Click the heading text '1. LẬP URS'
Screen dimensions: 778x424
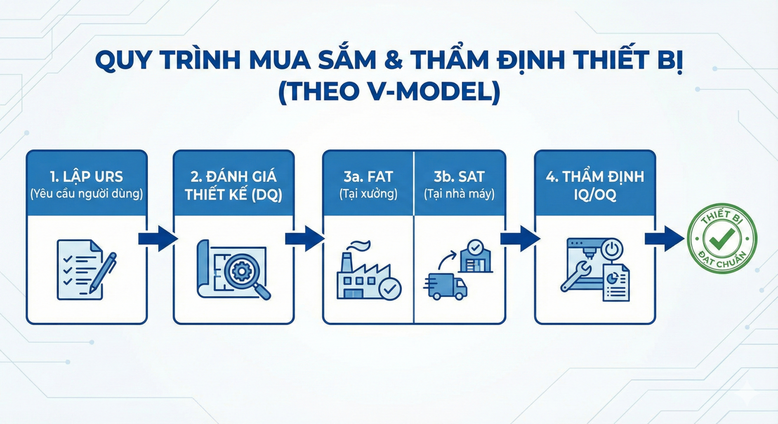[x=87, y=177]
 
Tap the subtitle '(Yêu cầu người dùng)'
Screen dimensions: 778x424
[x=87, y=194]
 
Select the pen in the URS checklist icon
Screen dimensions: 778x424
[x=103, y=273]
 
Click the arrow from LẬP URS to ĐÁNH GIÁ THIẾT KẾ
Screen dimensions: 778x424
[x=158, y=239]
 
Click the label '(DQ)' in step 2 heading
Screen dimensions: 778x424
[x=266, y=195]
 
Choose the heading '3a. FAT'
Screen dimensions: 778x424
[x=368, y=177]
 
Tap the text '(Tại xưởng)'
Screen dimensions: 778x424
[x=368, y=194]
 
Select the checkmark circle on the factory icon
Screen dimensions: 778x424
[x=390, y=288]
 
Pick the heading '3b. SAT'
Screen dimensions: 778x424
[x=459, y=177]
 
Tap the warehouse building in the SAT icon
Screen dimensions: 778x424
[x=476, y=257]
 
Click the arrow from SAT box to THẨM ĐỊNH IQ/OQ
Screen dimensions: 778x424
[x=520, y=239]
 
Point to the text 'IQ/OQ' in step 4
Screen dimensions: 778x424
[x=595, y=195]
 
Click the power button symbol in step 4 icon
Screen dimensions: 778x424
[x=612, y=249]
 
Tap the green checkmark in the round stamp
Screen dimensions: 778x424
[x=722, y=239]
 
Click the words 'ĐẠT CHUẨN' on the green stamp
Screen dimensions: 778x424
[x=722, y=261]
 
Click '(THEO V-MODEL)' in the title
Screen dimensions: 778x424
[x=389, y=92]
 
